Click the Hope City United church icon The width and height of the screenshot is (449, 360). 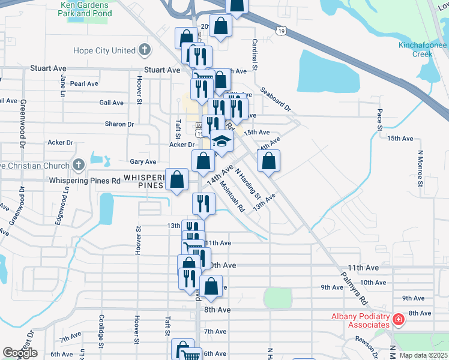[144, 50]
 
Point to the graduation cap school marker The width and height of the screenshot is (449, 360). [221, 142]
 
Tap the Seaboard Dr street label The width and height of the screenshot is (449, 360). [276, 100]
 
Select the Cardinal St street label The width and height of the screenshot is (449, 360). [255, 55]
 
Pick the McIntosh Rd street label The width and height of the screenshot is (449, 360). [233, 197]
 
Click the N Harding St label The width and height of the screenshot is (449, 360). [248, 184]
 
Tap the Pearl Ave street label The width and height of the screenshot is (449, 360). [84, 84]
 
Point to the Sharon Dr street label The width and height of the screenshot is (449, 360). [119, 124]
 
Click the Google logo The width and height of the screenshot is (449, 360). [20, 353]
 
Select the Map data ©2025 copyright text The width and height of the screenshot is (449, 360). [424, 355]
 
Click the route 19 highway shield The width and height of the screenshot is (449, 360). [281, 29]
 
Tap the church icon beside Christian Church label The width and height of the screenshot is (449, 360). [79, 164]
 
